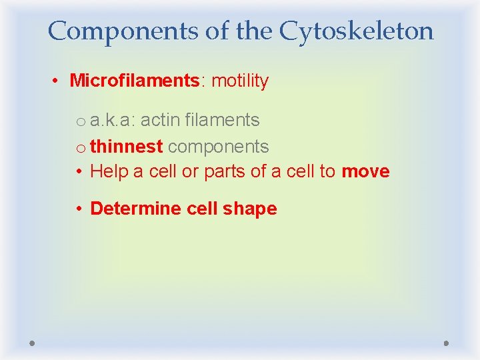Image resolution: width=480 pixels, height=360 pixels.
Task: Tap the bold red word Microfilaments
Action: (x=134, y=81)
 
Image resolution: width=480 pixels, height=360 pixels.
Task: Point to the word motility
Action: (x=239, y=81)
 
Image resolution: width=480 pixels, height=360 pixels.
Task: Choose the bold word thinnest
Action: (x=126, y=146)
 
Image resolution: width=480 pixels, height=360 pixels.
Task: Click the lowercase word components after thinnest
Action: (x=218, y=147)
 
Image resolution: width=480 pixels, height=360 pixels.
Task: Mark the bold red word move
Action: (x=365, y=171)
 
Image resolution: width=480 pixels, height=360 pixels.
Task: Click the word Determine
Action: (x=136, y=209)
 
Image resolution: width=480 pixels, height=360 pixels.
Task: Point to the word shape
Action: (x=250, y=209)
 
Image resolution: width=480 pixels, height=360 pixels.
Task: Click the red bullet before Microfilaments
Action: (x=59, y=81)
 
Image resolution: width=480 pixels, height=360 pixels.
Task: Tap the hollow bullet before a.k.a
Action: (x=80, y=121)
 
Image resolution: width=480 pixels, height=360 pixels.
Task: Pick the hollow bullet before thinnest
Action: (x=80, y=147)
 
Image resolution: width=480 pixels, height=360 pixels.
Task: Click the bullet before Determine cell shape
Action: (x=79, y=209)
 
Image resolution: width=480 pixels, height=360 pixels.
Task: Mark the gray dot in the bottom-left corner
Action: (x=33, y=343)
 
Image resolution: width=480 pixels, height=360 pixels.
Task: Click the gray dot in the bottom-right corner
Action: (x=446, y=343)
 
